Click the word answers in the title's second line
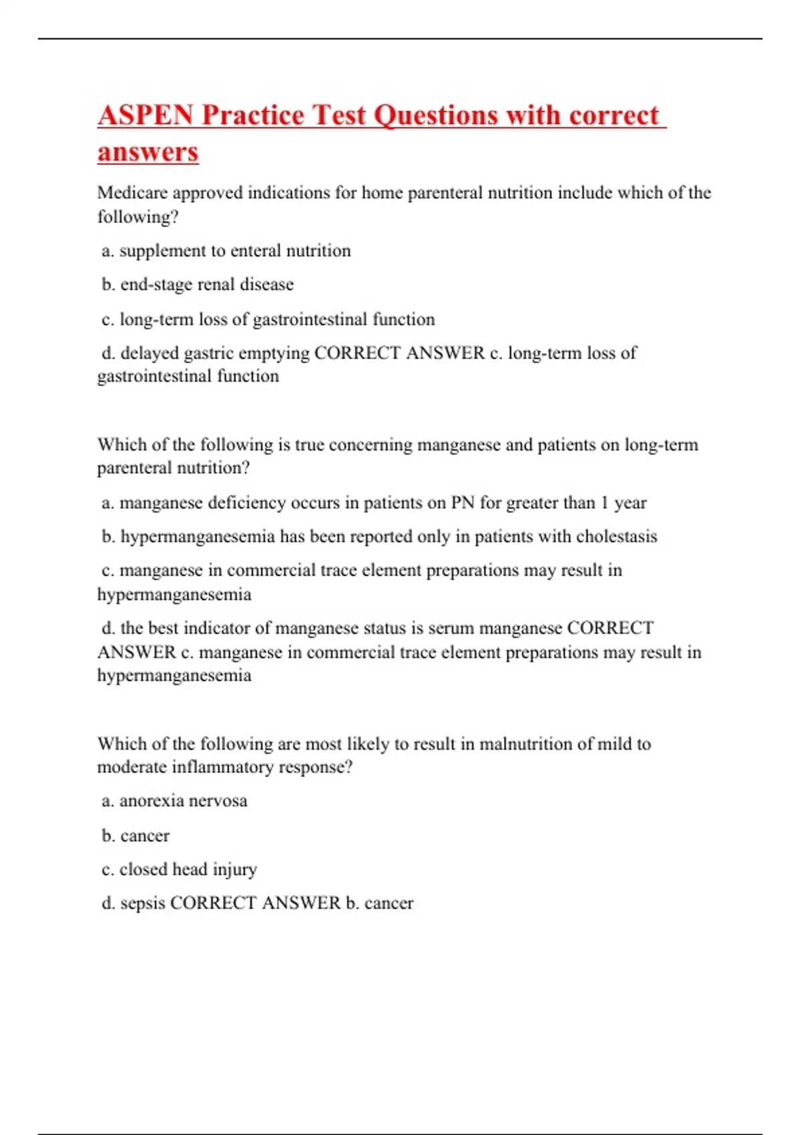pos(148,152)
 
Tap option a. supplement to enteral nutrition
pos(226,251)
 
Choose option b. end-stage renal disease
pos(198,284)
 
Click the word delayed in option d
pos(150,353)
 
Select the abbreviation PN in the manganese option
pos(463,503)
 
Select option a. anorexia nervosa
pos(174,801)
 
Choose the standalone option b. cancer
pos(136,836)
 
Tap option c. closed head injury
pos(179,869)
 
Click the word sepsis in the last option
pos(142,903)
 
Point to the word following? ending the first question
pos(138,217)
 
